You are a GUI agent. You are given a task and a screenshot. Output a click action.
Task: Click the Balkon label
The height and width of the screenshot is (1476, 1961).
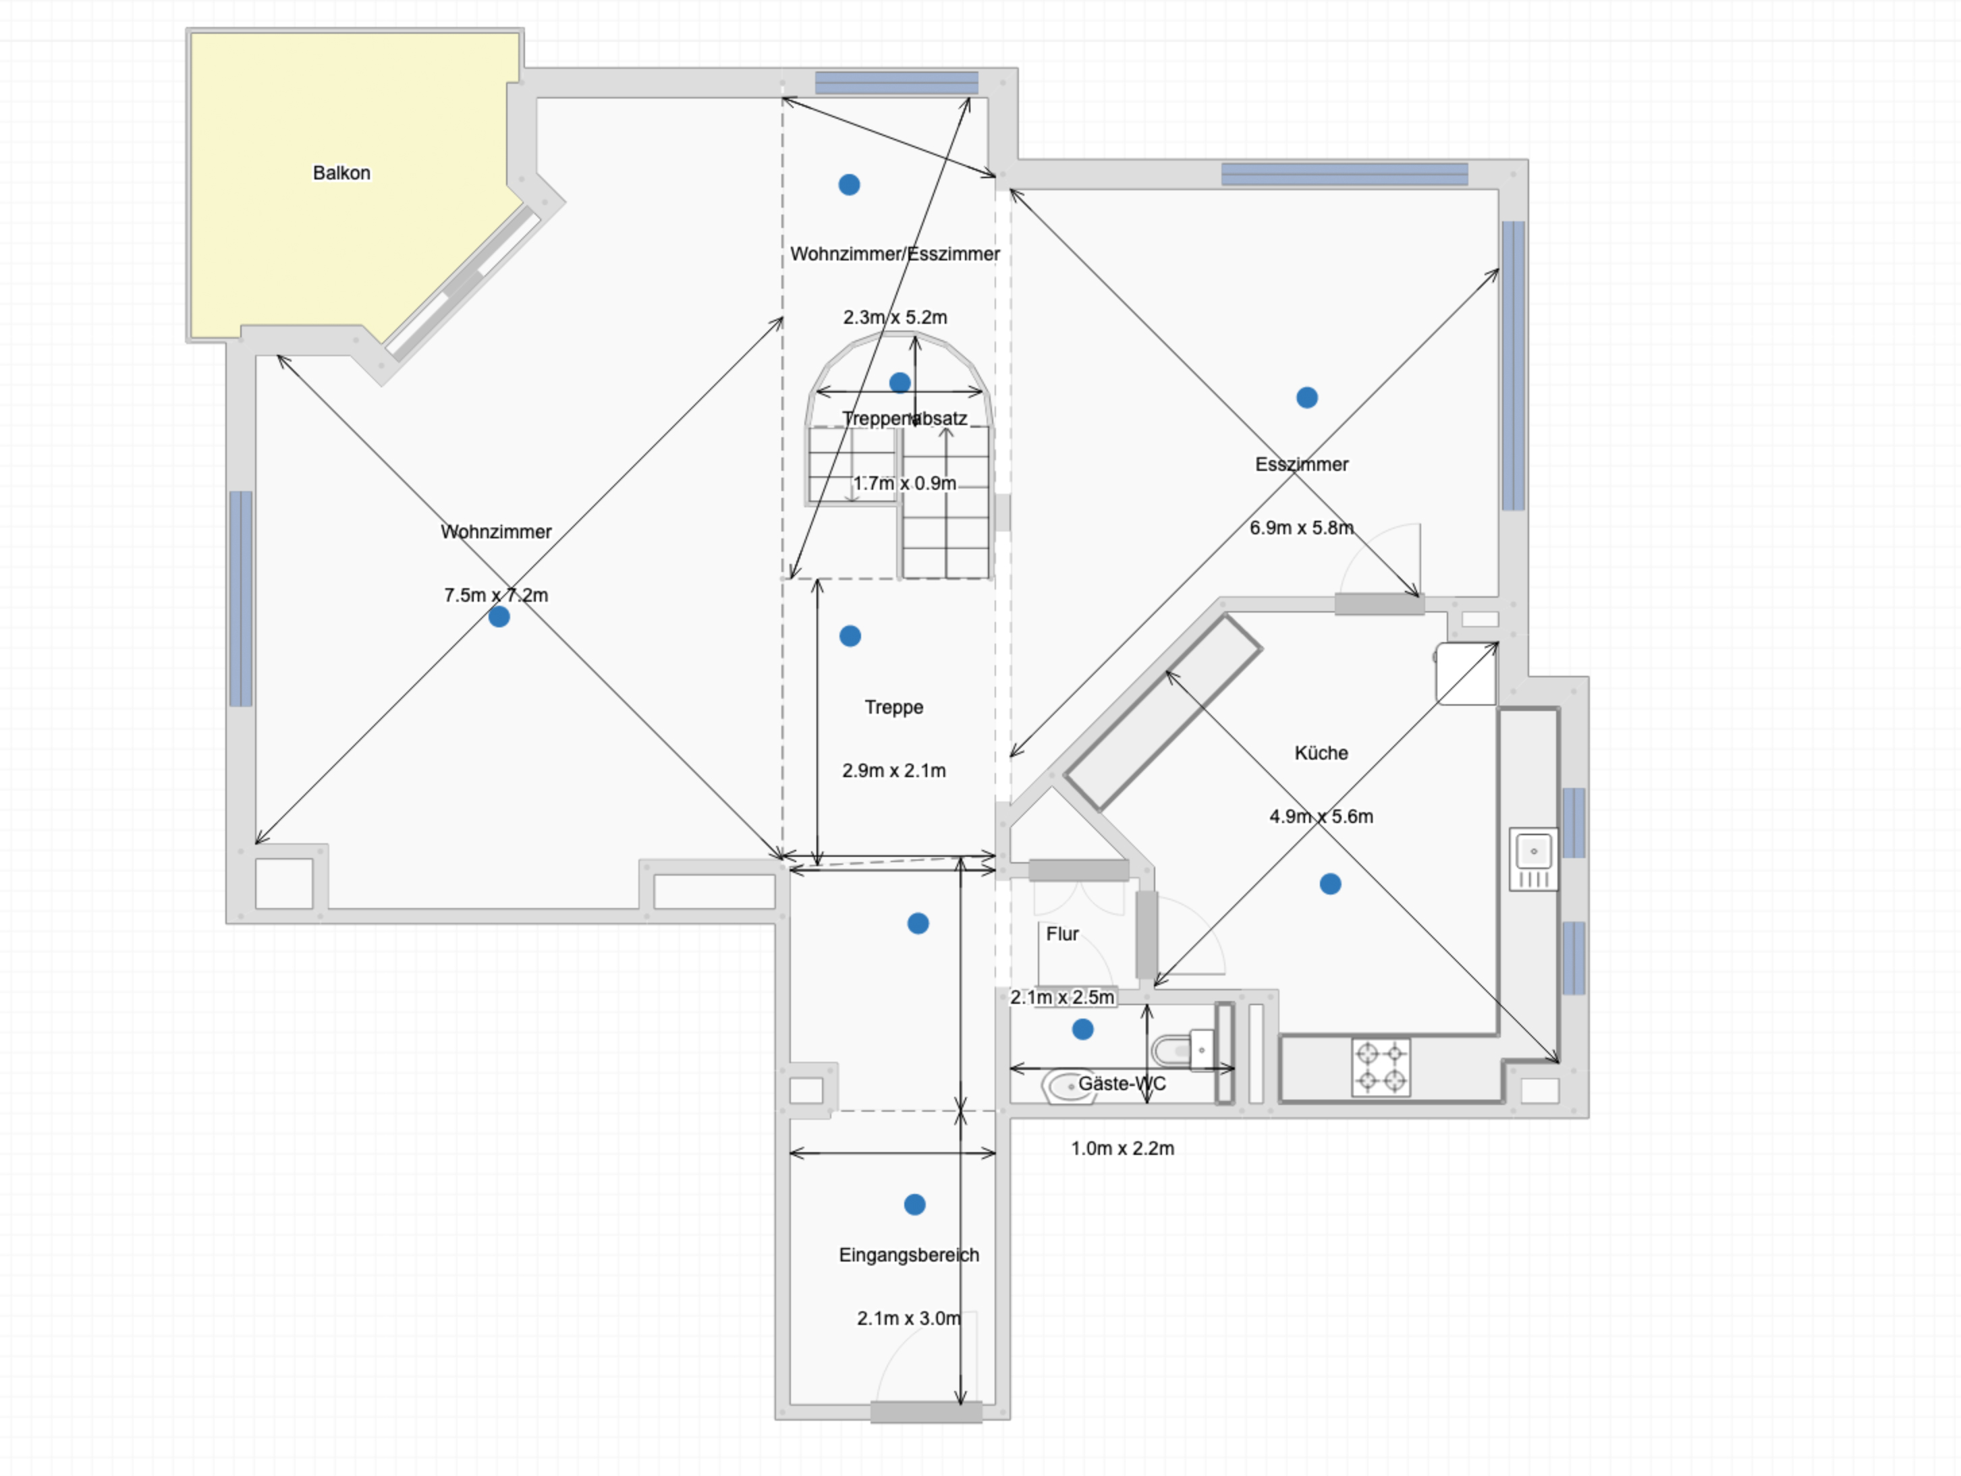click(341, 173)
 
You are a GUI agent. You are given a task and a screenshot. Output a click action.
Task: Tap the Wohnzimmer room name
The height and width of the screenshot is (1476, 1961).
click(497, 532)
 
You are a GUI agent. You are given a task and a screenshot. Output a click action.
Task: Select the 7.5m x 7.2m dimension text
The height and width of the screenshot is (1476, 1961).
click(497, 595)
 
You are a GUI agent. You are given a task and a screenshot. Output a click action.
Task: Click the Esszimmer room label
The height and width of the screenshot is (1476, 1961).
click(1302, 465)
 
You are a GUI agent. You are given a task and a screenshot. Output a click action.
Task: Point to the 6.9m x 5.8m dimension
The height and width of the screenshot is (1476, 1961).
click(1302, 528)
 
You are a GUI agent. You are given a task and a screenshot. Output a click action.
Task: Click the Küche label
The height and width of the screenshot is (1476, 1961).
click(1321, 753)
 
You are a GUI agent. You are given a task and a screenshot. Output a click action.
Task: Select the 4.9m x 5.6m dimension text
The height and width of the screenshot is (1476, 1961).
click(1321, 816)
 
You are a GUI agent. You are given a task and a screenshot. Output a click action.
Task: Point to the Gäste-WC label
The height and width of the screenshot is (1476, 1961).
click(1122, 1083)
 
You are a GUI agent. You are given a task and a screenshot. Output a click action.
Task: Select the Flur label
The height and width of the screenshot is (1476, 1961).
click(1062, 934)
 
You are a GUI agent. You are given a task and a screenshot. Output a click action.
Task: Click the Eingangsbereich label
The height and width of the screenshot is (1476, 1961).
click(909, 1254)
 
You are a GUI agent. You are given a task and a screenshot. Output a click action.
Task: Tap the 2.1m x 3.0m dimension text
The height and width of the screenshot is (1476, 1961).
click(909, 1318)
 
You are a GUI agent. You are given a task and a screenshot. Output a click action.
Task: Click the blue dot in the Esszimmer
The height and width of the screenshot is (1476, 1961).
click(1306, 397)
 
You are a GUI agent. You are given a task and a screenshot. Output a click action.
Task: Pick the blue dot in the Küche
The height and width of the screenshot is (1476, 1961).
click(1330, 884)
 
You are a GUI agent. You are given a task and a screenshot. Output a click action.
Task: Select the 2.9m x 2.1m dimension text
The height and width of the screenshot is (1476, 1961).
click(893, 770)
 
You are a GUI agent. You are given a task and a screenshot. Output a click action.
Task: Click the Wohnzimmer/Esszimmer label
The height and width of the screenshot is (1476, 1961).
click(895, 254)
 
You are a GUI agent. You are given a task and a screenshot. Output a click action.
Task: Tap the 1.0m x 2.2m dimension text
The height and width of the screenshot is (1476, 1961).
click(1122, 1148)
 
